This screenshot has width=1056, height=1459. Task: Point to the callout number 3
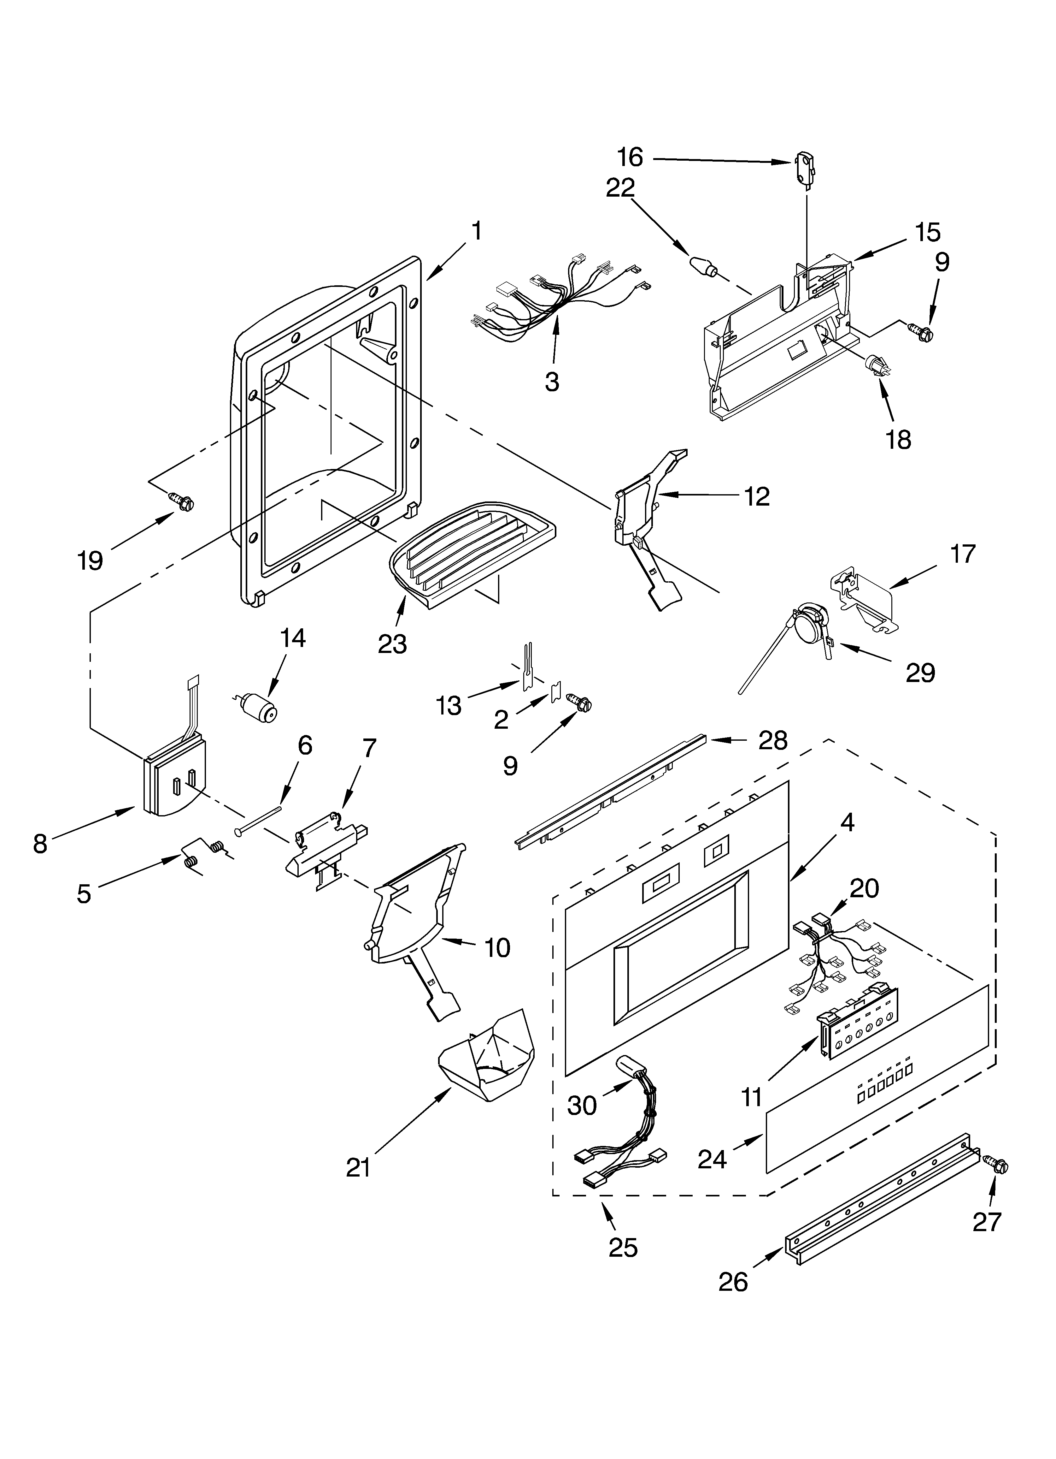pyautogui.click(x=552, y=382)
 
